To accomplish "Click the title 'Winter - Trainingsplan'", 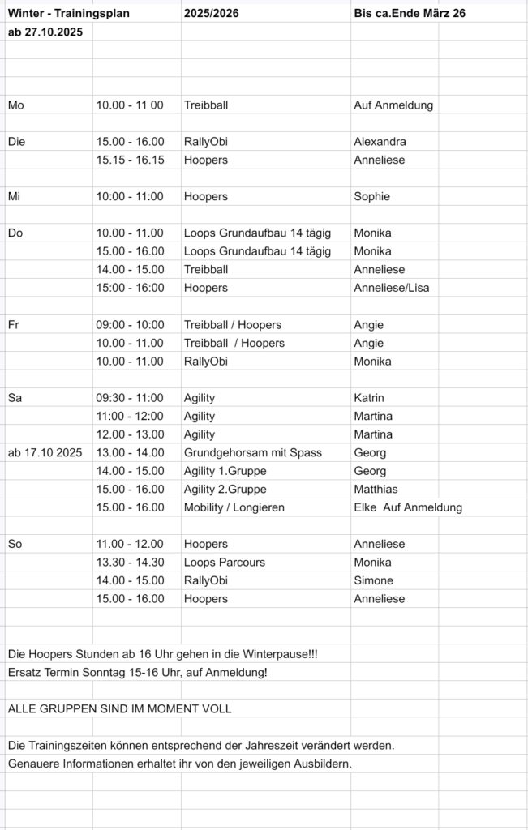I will coord(68,14).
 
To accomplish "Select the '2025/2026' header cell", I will coord(206,14).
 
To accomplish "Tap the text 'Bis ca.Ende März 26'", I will coord(409,14).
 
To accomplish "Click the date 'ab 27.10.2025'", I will coord(45,32).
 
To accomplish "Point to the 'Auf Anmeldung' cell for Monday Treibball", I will coord(393,105).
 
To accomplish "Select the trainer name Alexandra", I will coord(380,142).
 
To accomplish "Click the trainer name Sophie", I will coord(371,196).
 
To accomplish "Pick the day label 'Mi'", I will coord(15,196).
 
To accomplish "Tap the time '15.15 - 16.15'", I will coord(130,160).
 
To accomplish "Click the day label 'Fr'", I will coord(13,324).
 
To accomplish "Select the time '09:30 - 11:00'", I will coord(130,398).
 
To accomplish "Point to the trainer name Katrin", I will coord(369,398).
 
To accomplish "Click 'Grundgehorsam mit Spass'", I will coord(253,452).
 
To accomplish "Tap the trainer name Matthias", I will coord(376,489).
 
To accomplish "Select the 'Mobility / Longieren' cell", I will coord(234,507).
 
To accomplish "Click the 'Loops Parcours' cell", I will coord(225,563).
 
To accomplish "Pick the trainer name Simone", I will coord(373,580).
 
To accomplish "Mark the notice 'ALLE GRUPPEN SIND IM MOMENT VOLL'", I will coord(119,708).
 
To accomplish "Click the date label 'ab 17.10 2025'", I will coord(45,452).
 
